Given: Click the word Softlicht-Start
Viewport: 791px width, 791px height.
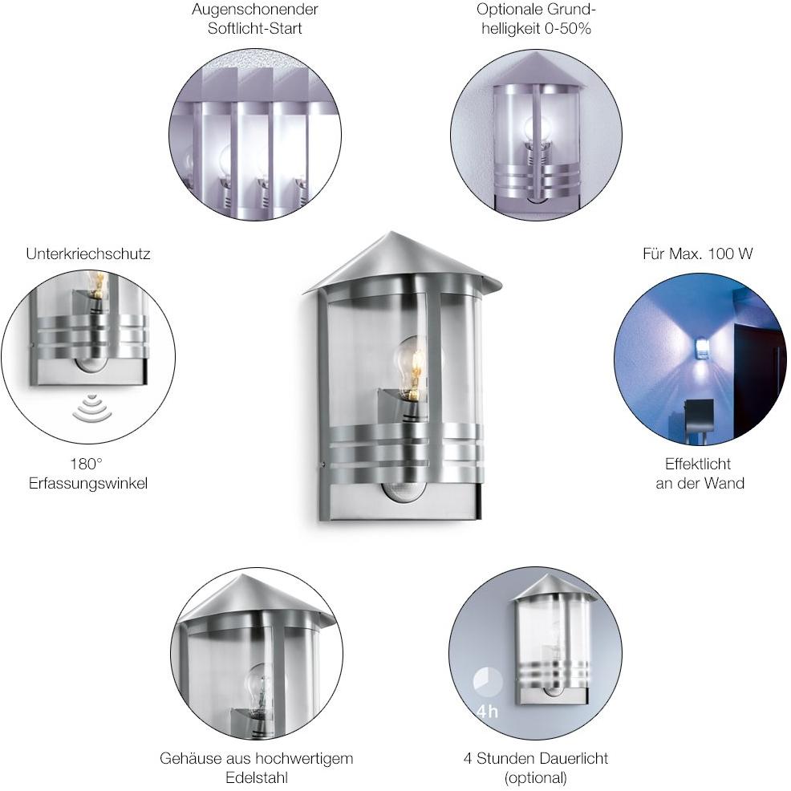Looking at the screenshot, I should pyautogui.click(x=254, y=29).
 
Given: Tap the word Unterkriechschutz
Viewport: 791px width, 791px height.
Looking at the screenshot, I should pyautogui.click(x=88, y=254).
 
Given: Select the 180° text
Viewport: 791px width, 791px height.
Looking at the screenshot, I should pyautogui.click(x=87, y=464).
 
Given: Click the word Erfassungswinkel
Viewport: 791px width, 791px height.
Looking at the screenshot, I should pyautogui.click(x=88, y=483).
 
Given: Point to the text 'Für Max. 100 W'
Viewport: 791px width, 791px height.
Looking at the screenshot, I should pyautogui.click(x=698, y=254).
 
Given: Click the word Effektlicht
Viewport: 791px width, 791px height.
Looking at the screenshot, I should pyautogui.click(x=698, y=464).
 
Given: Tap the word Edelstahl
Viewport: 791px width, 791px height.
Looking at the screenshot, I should pyautogui.click(x=256, y=777).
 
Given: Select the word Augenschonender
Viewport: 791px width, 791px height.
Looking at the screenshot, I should pyautogui.click(x=254, y=10).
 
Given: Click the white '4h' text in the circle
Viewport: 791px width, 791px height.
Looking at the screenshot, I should pyautogui.click(x=487, y=712).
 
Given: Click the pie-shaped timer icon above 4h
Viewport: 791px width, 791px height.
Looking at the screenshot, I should pyautogui.click(x=488, y=684).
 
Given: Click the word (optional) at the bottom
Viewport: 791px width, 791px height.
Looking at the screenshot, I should pyautogui.click(x=536, y=777).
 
